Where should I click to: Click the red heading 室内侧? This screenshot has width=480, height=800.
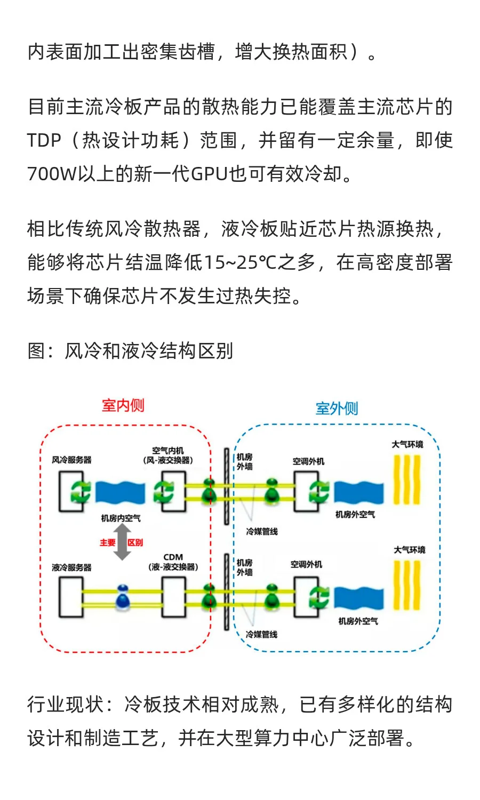pyautogui.click(x=123, y=406)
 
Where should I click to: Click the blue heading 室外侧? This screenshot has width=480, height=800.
pyautogui.click(x=337, y=409)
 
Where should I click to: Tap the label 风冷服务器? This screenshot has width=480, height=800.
pyautogui.click(x=71, y=460)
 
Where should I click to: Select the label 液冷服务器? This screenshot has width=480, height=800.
pyautogui.click(x=71, y=567)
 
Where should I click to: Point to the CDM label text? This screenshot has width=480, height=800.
pyautogui.click(x=173, y=557)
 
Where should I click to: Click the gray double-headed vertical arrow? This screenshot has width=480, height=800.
pyautogui.click(x=122, y=542)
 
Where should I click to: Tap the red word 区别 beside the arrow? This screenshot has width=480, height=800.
pyautogui.click(x=135, y=542)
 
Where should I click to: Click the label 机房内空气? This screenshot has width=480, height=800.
pyautogui.click(x=121, y=518)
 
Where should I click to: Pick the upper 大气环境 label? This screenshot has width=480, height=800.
pyautogui.click(x=407, y=444)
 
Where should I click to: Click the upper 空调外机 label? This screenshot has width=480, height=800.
pyautogui.click(x=308, y=461)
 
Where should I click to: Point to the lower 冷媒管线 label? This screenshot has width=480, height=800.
pyautogui.click(x=261, y=634)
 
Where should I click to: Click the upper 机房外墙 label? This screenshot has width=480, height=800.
pyautogui.click(x=245, y=462)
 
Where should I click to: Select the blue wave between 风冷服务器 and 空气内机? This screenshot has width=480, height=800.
pyautogui.click(x=120, y=492)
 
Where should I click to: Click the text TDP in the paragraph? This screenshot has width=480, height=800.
pyautogui.click(x=44, y=141)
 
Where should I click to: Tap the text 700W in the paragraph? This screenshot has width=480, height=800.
pyautogui.click(x=52, y=174)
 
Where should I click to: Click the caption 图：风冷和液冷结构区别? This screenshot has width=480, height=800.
pyautogui.click(x=130, y=351)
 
